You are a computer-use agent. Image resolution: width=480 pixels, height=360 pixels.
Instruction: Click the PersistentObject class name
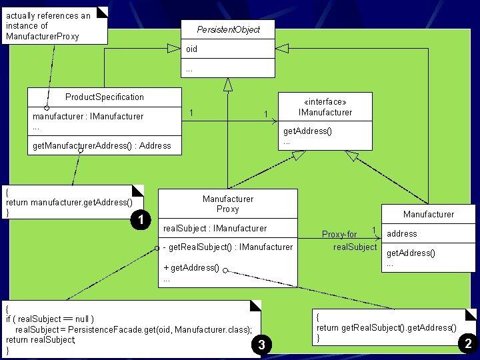(228, 29)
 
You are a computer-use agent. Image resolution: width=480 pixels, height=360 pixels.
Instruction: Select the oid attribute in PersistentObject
(191, 49)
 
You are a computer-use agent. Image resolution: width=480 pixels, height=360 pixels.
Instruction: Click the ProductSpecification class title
(105, 97)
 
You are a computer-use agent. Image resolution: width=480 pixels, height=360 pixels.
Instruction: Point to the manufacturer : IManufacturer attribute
(88, 116)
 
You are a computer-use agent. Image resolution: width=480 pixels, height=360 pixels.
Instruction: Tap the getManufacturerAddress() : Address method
(101, 145)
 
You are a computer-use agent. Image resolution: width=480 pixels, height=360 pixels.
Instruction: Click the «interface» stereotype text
(325, 102)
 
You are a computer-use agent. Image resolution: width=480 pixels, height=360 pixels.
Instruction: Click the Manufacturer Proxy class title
(228, 204)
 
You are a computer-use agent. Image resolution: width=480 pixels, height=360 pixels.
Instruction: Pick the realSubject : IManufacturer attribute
(215, 228)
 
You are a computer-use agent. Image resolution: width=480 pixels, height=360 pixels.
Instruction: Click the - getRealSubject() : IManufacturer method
(228, 247)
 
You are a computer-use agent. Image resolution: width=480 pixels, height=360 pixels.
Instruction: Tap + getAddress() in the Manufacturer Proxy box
(191, 267)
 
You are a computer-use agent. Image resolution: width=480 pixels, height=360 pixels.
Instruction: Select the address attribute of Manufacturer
(402, 234)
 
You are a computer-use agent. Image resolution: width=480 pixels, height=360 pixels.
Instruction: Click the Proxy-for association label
(339, 234)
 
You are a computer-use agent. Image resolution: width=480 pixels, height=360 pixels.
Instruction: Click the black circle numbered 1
(139, 219)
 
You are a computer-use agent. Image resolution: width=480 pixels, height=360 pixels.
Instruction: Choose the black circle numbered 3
(261, 344)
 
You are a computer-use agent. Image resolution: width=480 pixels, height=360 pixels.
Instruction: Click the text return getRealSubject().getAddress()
(386, 327)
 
